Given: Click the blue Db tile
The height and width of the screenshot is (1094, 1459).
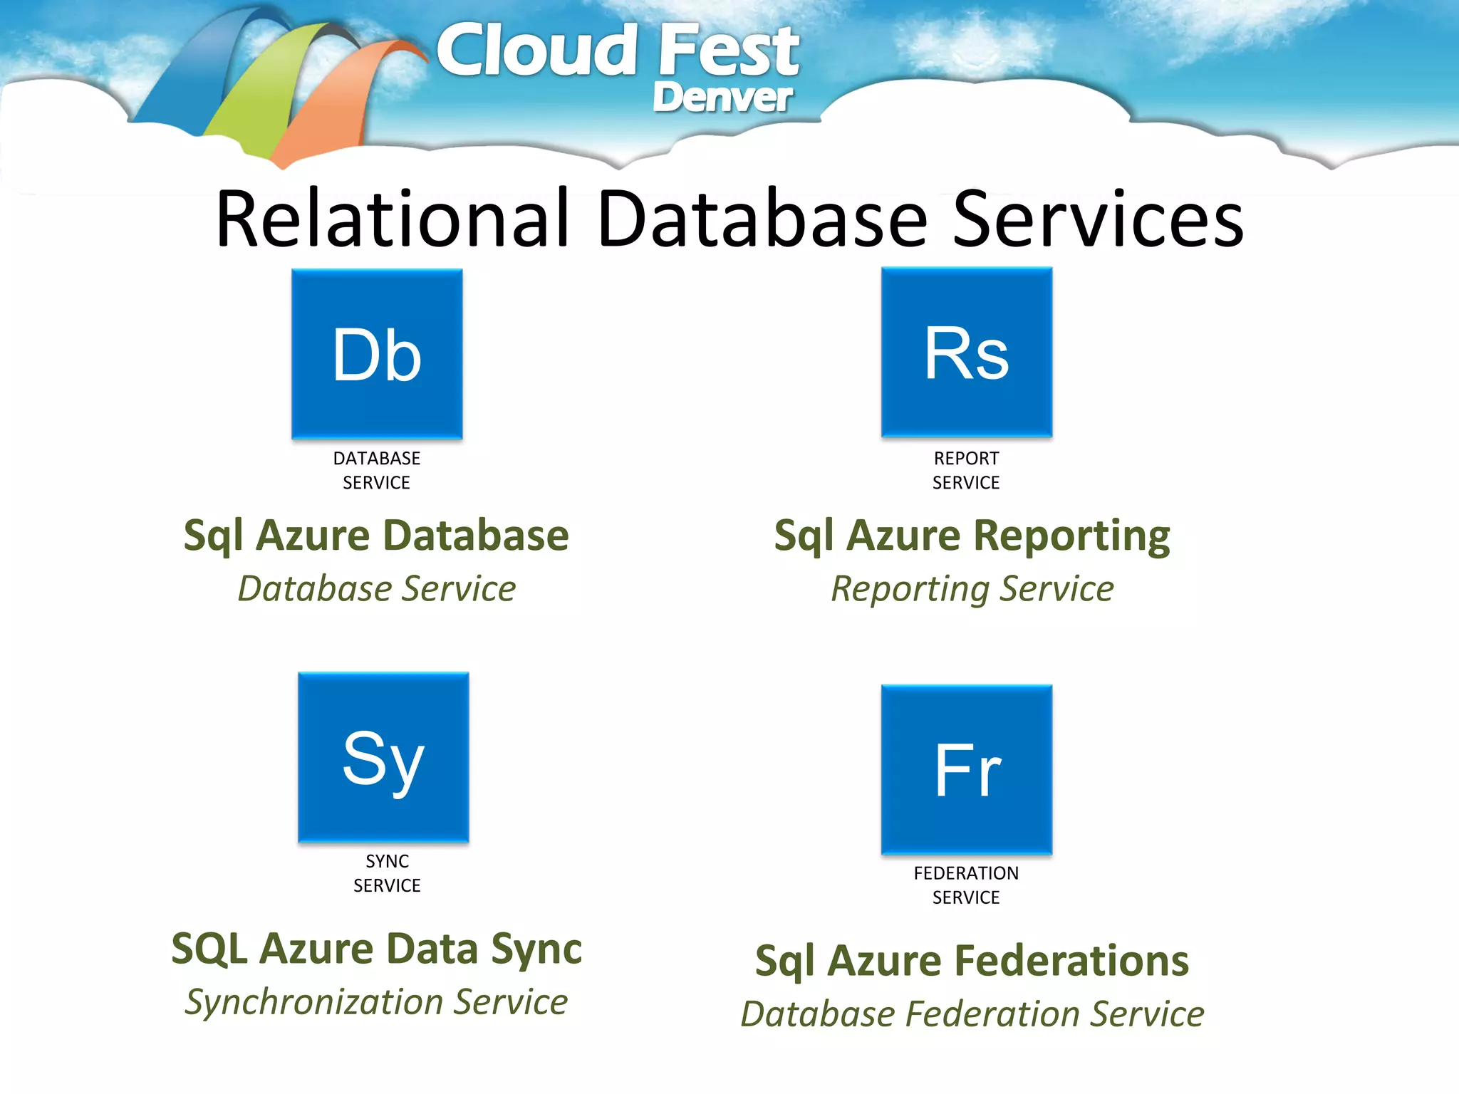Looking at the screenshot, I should click(377, 354).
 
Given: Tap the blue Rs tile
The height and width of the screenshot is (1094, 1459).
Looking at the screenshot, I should click(967, 352).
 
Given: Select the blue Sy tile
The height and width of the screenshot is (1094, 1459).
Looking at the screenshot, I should click(383, 757).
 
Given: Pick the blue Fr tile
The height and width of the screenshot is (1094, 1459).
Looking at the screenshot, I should click(967, 769).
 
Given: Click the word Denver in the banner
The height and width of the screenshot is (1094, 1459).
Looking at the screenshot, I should click(722, 98).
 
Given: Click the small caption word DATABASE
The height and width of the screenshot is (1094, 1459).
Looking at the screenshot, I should click(377, 458).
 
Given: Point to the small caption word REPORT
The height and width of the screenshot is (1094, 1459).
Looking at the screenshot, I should click(967, 458).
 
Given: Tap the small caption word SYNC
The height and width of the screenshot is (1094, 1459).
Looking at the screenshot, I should click(387, 861).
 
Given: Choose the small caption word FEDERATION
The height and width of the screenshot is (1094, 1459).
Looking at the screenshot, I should click(966, 873).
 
